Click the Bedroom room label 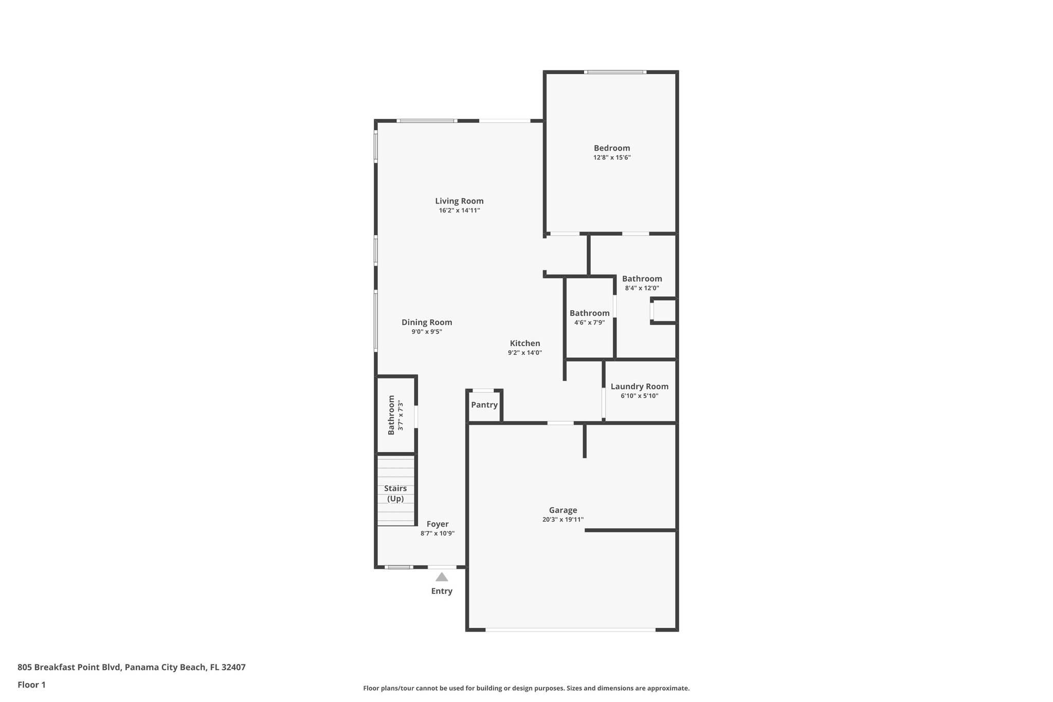(612, 148)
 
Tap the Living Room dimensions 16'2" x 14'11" (459, 210)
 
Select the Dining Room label (427, 322)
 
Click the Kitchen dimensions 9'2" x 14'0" (525, 353)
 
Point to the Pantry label (484, 405)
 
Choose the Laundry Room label (640, 386)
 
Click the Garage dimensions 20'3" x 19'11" (563, 519)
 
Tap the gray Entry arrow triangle (442, 577)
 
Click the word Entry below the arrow (442, 591)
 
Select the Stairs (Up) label (395, 493)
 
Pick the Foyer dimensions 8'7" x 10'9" (438, 533)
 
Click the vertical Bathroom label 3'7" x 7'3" (394, 415)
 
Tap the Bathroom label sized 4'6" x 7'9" (590, 313)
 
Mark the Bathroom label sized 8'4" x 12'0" (642, 279)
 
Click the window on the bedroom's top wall (615, 72)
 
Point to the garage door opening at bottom (570, 629)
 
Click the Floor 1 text (31, 685)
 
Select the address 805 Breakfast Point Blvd (131, 668)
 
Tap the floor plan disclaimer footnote (526, 688)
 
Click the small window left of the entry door (399, 567)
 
